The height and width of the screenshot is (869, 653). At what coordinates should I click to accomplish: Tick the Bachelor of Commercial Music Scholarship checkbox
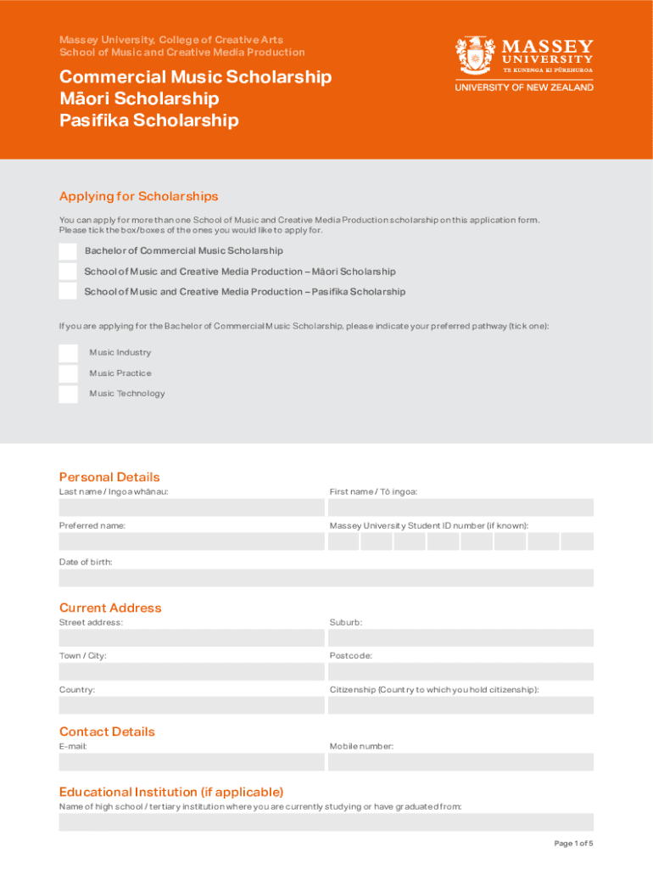tap(68, 251)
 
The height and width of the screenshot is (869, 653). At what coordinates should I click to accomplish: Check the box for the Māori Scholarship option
tap(68, 272)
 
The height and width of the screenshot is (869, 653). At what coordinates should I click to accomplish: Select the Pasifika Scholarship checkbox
tap(68, 291)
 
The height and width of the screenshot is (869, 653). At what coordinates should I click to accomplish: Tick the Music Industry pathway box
tap(68, 353)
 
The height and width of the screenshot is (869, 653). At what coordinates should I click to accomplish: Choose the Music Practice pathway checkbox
tap(68, 373)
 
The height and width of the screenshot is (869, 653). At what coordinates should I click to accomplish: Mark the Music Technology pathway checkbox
tap(68, 394)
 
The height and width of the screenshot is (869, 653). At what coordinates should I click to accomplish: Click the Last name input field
tap(192, 507)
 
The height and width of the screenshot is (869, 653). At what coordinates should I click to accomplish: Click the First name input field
tap(461, 507)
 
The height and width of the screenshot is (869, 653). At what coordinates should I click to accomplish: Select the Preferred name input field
tap(192, 541)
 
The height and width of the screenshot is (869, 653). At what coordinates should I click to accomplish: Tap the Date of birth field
tap(326, 578)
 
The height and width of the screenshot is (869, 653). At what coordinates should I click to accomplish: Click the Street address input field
tap(192, 638)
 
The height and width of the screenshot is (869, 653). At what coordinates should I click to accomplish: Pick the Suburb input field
tap(461, 638)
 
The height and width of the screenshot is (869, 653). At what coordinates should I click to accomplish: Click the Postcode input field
tap(461, 671)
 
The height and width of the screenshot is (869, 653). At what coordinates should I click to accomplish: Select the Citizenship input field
tap(461, 705)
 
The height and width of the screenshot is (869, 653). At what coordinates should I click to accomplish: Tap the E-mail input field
tap(192, 762)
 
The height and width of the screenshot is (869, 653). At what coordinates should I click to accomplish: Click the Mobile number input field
tap(461, 762)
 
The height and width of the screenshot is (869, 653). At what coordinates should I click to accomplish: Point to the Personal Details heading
tap(109, 477)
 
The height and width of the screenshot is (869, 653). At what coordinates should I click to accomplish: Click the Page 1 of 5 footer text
tap(573, 843)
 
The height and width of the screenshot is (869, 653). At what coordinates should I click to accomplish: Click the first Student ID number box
tap(343, 541)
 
